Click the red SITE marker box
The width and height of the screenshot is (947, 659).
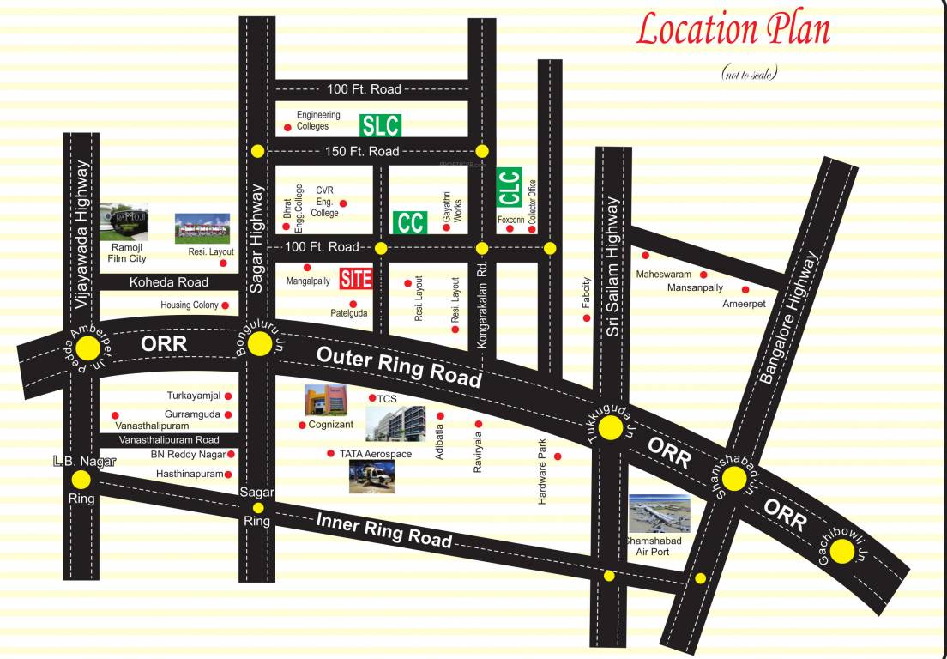(356, 278)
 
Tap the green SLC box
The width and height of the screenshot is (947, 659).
(380, 125)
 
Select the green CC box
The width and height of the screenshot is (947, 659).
(410, 222)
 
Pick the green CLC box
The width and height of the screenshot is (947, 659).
(510, 187)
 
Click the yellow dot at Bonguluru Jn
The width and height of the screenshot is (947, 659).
(258, 345)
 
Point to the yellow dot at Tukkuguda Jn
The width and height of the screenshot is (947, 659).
(611, 428)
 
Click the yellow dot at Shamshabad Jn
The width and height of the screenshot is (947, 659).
(734, 479)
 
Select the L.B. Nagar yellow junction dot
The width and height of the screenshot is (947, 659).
(81, 480)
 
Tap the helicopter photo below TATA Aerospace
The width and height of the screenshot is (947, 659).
(371, 476)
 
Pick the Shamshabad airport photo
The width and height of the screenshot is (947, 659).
(659, 514)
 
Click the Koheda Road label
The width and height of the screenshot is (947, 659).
(169, 282)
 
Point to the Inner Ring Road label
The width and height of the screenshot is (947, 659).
(383, 529)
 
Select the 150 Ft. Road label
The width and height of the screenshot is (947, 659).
(363, 151)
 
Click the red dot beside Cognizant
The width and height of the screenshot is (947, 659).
(302, 425)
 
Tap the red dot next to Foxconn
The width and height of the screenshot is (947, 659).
(510, 229)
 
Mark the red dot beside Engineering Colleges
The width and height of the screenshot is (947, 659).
(287, 128)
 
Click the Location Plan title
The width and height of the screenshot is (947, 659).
(733, 30)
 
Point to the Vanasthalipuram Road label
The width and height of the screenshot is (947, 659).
(169, 440)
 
